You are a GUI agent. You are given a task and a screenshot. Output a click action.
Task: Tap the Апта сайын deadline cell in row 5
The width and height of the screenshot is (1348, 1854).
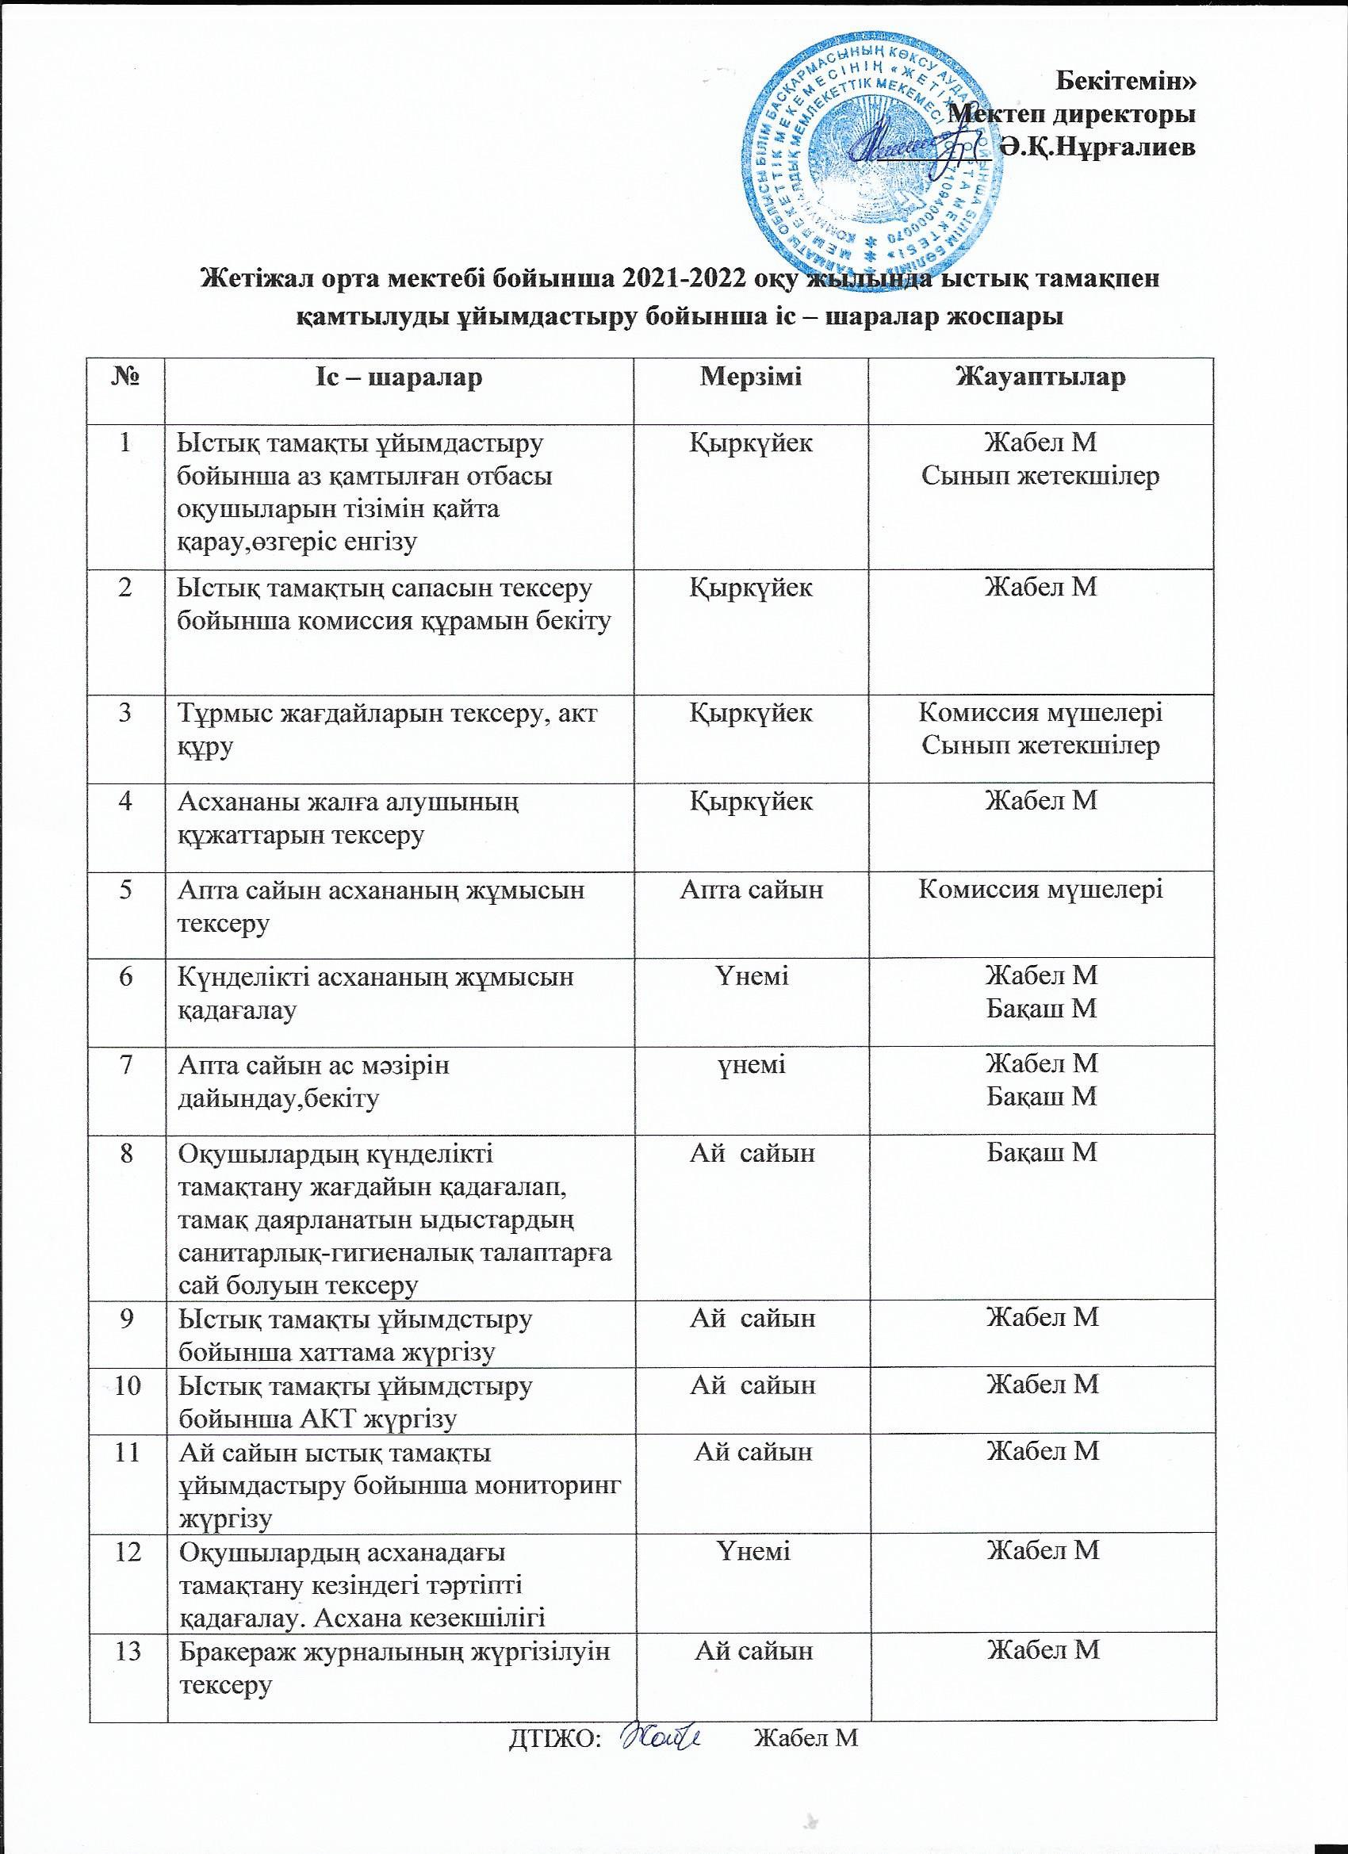(x=751, y=891)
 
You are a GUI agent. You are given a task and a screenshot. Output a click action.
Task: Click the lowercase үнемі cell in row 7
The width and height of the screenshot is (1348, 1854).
(x=751, y=1064)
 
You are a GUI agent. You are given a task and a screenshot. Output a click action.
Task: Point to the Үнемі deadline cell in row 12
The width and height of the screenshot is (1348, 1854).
(x=751, y=1550)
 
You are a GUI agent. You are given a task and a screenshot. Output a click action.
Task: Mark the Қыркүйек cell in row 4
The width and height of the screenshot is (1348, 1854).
(x=751, y=802)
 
